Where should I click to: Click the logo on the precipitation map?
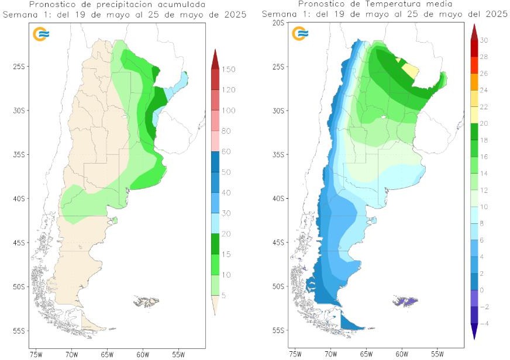tap(40, 34)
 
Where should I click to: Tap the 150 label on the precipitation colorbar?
tap(228, 70)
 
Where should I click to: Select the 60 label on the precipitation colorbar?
tap(226, 152)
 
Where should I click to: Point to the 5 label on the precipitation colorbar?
tap(224, 295)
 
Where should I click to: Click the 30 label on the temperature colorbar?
tap(484, 40)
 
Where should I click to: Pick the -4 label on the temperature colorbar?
tap(484, 323)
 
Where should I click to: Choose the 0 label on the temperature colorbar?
tap(482, 290)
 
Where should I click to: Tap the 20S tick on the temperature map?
tap(278, 22)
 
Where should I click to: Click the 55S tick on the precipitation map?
tap(19, 331)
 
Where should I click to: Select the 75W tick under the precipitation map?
tap(36, 354)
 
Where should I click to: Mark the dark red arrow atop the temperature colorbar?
tap(474, 31)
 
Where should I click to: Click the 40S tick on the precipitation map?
tap(19, 199)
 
